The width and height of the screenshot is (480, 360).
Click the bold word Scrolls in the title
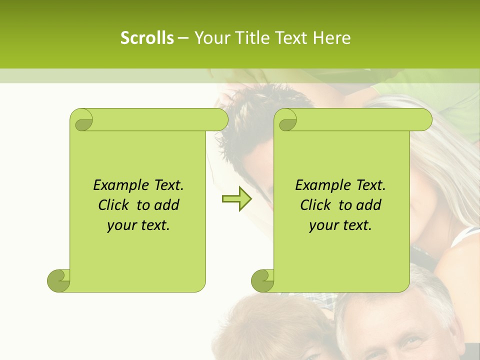[x=147, y=37]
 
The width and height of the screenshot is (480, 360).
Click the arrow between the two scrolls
[x=236, y=198]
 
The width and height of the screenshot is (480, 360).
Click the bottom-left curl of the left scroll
[x=59, y=280]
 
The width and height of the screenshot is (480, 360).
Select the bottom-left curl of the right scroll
[x=263, y=280]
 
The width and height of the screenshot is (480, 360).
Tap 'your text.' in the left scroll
[x=138, y=225]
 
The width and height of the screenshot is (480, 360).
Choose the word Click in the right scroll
[x=315, y=205]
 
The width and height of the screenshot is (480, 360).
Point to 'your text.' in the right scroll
[x=340, y=225]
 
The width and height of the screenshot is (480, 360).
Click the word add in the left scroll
[x=166, y=205]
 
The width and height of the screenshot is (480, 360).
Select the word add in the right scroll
[x=368, y=205]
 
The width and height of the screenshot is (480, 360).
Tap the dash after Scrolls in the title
[x=183, y=37]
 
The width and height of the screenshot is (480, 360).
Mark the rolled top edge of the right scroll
[x=360, y=119]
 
